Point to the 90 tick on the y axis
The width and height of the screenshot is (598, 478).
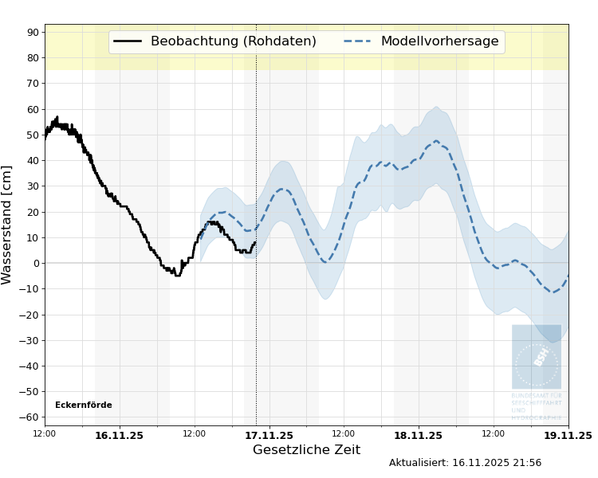(x=33, y=32)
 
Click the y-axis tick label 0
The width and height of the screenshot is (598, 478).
(x=36, y=263)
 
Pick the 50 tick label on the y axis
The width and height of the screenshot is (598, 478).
(x=33, y=135)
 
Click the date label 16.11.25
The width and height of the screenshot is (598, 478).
(x=119, y=436)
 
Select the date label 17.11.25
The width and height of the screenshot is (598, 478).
(x=269, y=436)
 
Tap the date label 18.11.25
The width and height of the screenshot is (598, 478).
(x=418, y=436)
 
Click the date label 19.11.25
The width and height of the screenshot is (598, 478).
(x=568, y=436)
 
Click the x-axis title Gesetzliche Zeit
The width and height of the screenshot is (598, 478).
(x=306, y=450)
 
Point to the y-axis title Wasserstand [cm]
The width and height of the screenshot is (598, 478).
(x=7, y=225)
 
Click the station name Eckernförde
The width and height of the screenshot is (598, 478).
(x=84, y=406)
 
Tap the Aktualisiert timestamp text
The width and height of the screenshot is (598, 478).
(x=465, y=463)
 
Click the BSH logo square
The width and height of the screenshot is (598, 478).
(x=537, y=357)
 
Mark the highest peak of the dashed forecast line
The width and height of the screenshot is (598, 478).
(x=436, y=141)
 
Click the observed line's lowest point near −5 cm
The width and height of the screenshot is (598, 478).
(x=177, y=276)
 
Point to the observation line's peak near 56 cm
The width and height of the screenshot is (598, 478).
(x=57, y=117)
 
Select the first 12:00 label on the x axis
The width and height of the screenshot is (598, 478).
(x=45, y=433)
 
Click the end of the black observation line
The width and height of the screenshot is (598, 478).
(x=255, y=242)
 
